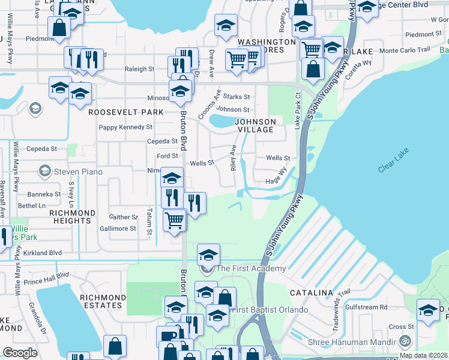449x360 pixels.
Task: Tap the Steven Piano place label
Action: coord(67,172)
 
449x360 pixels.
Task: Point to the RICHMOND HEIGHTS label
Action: coord(72,217)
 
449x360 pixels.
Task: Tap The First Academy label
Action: coord(251,268)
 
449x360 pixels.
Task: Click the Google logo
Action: coord(20,353)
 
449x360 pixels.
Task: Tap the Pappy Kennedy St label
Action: coord(125,127)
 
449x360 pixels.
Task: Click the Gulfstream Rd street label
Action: coord(366,307)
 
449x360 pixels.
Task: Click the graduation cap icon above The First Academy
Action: coord(208,254)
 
